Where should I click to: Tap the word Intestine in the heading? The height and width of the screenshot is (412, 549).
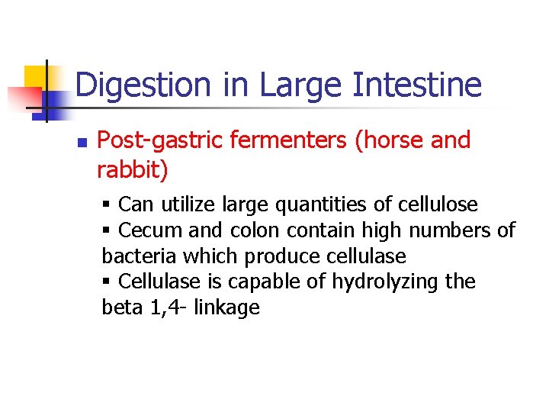pyautogui.click(x=417, y=85)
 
